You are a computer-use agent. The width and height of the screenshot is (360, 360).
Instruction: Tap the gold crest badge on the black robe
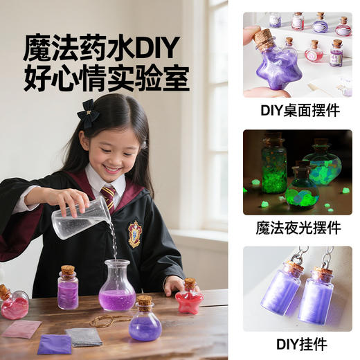pyautogui.click(x=134, y=233)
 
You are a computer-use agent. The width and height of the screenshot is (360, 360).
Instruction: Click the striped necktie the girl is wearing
pyautogui.click(x=109, y=197)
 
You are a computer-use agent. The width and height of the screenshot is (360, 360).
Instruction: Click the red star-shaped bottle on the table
pyautogui.click(x=189, y=299)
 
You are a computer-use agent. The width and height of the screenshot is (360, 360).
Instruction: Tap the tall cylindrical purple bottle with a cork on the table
pyautogui.click(x=68, y=287)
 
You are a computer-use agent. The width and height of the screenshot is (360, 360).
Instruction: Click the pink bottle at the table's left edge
pyautogui.click(x=13, y=304)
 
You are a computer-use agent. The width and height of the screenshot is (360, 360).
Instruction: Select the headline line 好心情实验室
pyautogui.click(x=106, y=78)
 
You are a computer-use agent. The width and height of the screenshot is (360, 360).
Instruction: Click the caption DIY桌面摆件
pyautogui.click(x=297, y=109)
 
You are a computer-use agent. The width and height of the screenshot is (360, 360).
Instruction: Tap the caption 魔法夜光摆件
pyautogui.click(x=297, y=227)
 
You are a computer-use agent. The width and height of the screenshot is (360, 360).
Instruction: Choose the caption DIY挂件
pyautogui.click(x=297, y=344)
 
